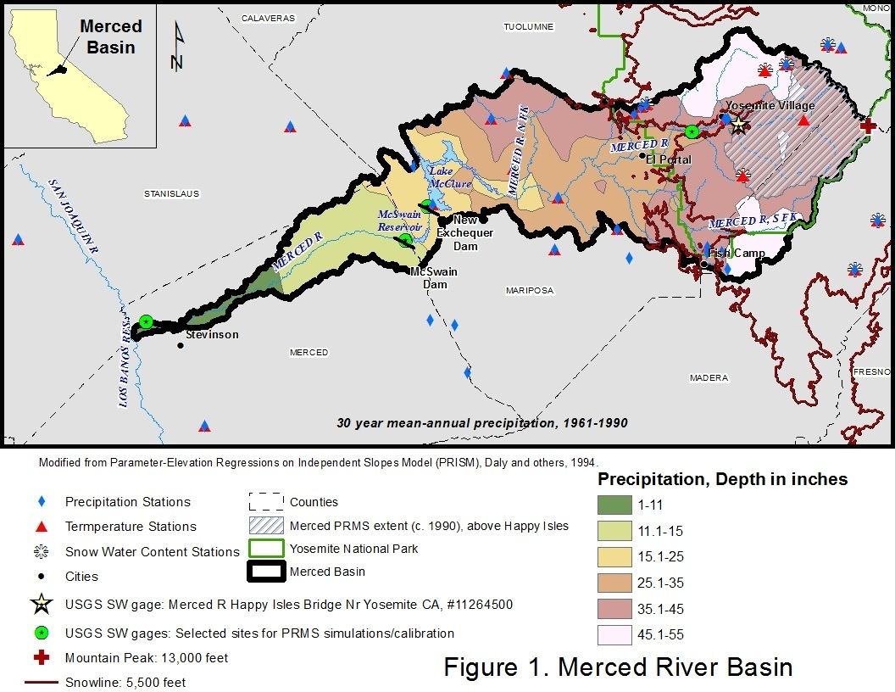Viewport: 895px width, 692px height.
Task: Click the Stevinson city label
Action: coord(212,334)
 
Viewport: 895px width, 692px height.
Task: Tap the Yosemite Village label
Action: coord(770,106)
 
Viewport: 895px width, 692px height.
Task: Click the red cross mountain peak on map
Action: coord(868,126)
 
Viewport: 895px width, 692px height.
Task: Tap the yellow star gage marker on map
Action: coord(738,125)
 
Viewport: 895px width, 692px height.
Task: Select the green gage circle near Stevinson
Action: coord(146,321)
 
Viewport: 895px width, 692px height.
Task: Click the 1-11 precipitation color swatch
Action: coord(614,505)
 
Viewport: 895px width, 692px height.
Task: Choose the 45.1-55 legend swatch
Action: coord(614,634)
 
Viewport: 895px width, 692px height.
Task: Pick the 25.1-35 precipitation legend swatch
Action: coord(614,583)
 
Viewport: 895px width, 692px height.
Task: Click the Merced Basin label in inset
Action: coord(111,36)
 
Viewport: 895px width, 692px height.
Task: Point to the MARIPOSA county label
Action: coord(529,291)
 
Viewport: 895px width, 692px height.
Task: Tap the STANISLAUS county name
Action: coord(171,194)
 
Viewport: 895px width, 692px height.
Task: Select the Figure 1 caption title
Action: coord(618,667)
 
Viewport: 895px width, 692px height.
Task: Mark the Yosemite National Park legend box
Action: coord(266,549)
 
